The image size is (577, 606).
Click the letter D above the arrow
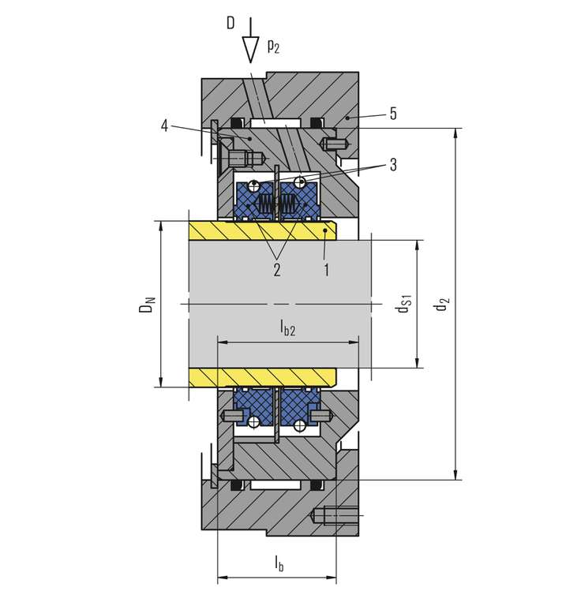tap(230, 22)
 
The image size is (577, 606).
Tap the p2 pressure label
tap(273, 47)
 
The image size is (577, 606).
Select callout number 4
tap(164, 125)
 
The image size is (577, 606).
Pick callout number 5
tap(392, 114)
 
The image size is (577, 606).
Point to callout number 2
tap(276, 270)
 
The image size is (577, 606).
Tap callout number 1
tap(326, 270)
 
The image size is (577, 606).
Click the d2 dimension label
tap(444, 303)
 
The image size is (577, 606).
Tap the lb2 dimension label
tap(287, 328)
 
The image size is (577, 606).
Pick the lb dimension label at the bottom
tap(279, 563)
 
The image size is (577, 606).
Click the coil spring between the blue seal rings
tap(268, 204)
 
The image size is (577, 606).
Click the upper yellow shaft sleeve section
tap(260, 230)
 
